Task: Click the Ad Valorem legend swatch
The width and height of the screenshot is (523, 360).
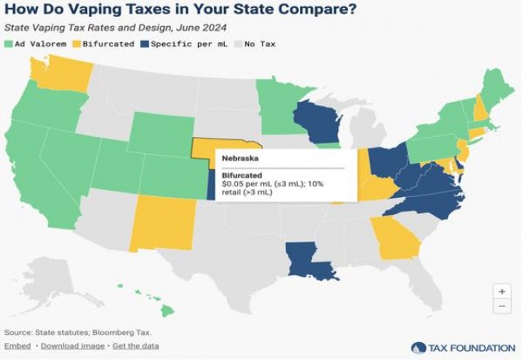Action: coord(9,43)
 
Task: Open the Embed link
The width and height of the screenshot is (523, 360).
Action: coord(17,346)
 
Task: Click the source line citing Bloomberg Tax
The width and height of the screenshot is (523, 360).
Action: coord(77,332)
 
